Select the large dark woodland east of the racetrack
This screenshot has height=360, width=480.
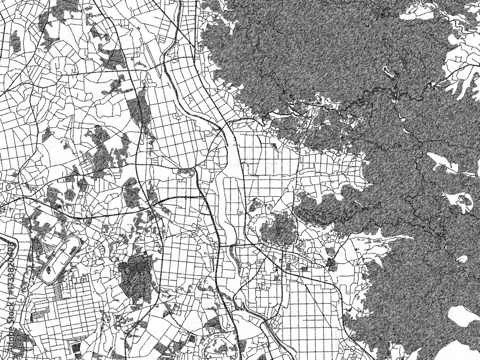[x=136, y=276]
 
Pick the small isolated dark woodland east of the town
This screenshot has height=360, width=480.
[x=331, y=263]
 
